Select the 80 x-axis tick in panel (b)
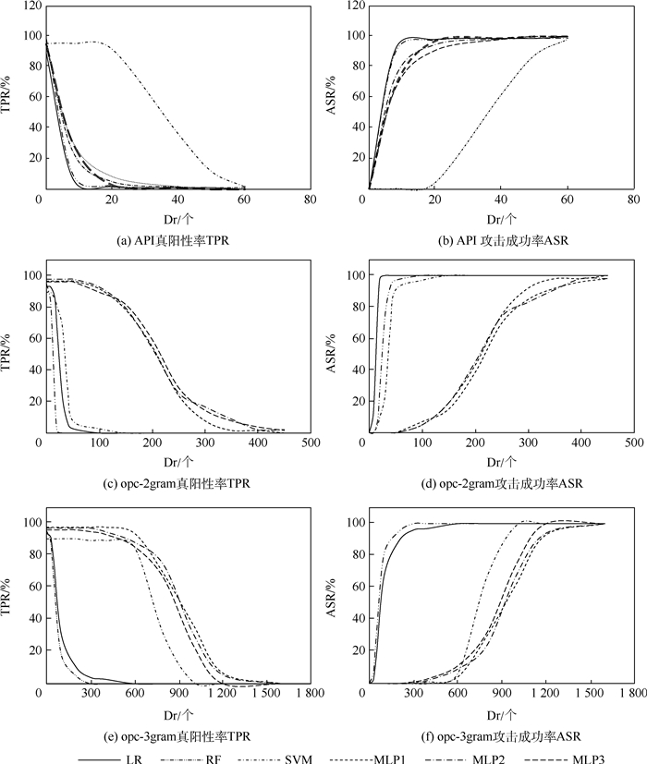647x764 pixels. (x=633, y=200)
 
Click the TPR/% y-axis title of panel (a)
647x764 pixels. (x=9, y=97)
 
